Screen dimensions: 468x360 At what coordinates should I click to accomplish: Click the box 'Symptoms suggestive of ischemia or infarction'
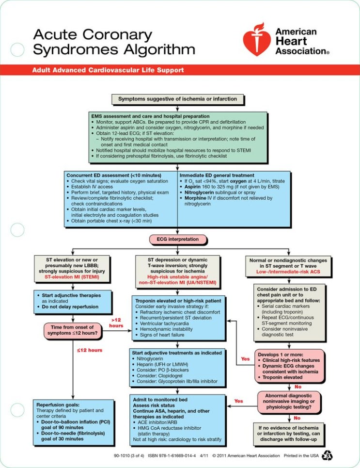coord(178,99)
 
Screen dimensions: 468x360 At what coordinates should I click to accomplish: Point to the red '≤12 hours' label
coord(89,349)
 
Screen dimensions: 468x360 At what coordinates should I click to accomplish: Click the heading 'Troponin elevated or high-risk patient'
coord(174,301)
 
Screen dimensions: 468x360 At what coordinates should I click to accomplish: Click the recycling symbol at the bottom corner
coord(328,455)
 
